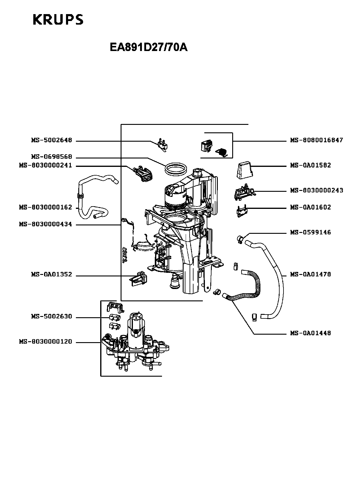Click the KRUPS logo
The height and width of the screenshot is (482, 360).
click(58, 20)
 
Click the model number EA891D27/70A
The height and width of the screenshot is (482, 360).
click(148, 47)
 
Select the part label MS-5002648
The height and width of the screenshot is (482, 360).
click(51, 140)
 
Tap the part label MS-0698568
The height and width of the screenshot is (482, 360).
click(51, 157)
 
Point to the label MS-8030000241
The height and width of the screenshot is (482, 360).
click(46, 166)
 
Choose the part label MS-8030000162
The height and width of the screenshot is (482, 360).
click(46, 207)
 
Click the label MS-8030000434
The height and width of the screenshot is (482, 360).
click(46, 224)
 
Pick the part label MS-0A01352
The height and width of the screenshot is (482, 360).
click(51, 275)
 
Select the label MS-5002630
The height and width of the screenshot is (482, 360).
click(51, 317)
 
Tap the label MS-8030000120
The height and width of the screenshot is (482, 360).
click(46, 342)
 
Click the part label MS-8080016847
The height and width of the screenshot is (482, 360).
click(316, 140)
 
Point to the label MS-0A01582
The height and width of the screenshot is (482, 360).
click(310, 165)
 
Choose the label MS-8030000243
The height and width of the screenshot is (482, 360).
click(316, 191)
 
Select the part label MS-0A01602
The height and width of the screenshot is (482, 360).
click(310, 207)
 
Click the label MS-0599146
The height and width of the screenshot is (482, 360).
click(310, 233)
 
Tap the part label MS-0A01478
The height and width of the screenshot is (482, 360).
click(310, 275)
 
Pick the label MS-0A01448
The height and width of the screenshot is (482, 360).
click(310, 333)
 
